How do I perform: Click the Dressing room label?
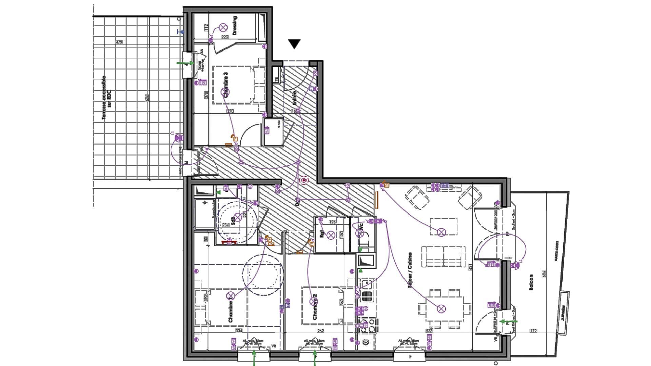pos(235,25)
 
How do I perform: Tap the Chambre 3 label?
pos(226,85)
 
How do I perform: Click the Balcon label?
pos(531,282)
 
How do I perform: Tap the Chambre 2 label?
pos(315,307)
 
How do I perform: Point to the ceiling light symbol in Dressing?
pos(223,27)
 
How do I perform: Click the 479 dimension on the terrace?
pos(119,42)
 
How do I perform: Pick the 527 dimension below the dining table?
pos(429,331)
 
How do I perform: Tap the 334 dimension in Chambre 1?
pos(239,331)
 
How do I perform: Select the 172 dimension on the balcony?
pos(533,331)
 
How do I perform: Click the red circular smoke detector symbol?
pos(304,180)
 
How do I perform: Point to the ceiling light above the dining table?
pos(441,309)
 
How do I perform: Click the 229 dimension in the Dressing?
pos(225,37)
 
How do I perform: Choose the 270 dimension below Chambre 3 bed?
pos(230,111)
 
